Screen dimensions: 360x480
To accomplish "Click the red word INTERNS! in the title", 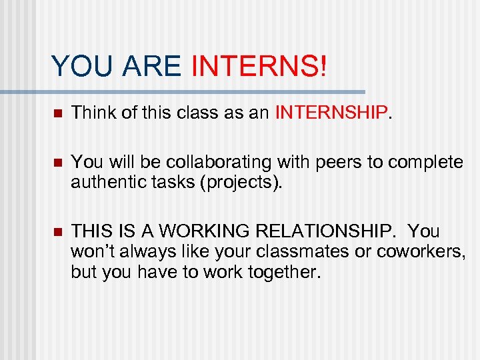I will [x=259, y=66].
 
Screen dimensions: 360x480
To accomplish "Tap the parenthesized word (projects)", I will [x=242, y=182].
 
